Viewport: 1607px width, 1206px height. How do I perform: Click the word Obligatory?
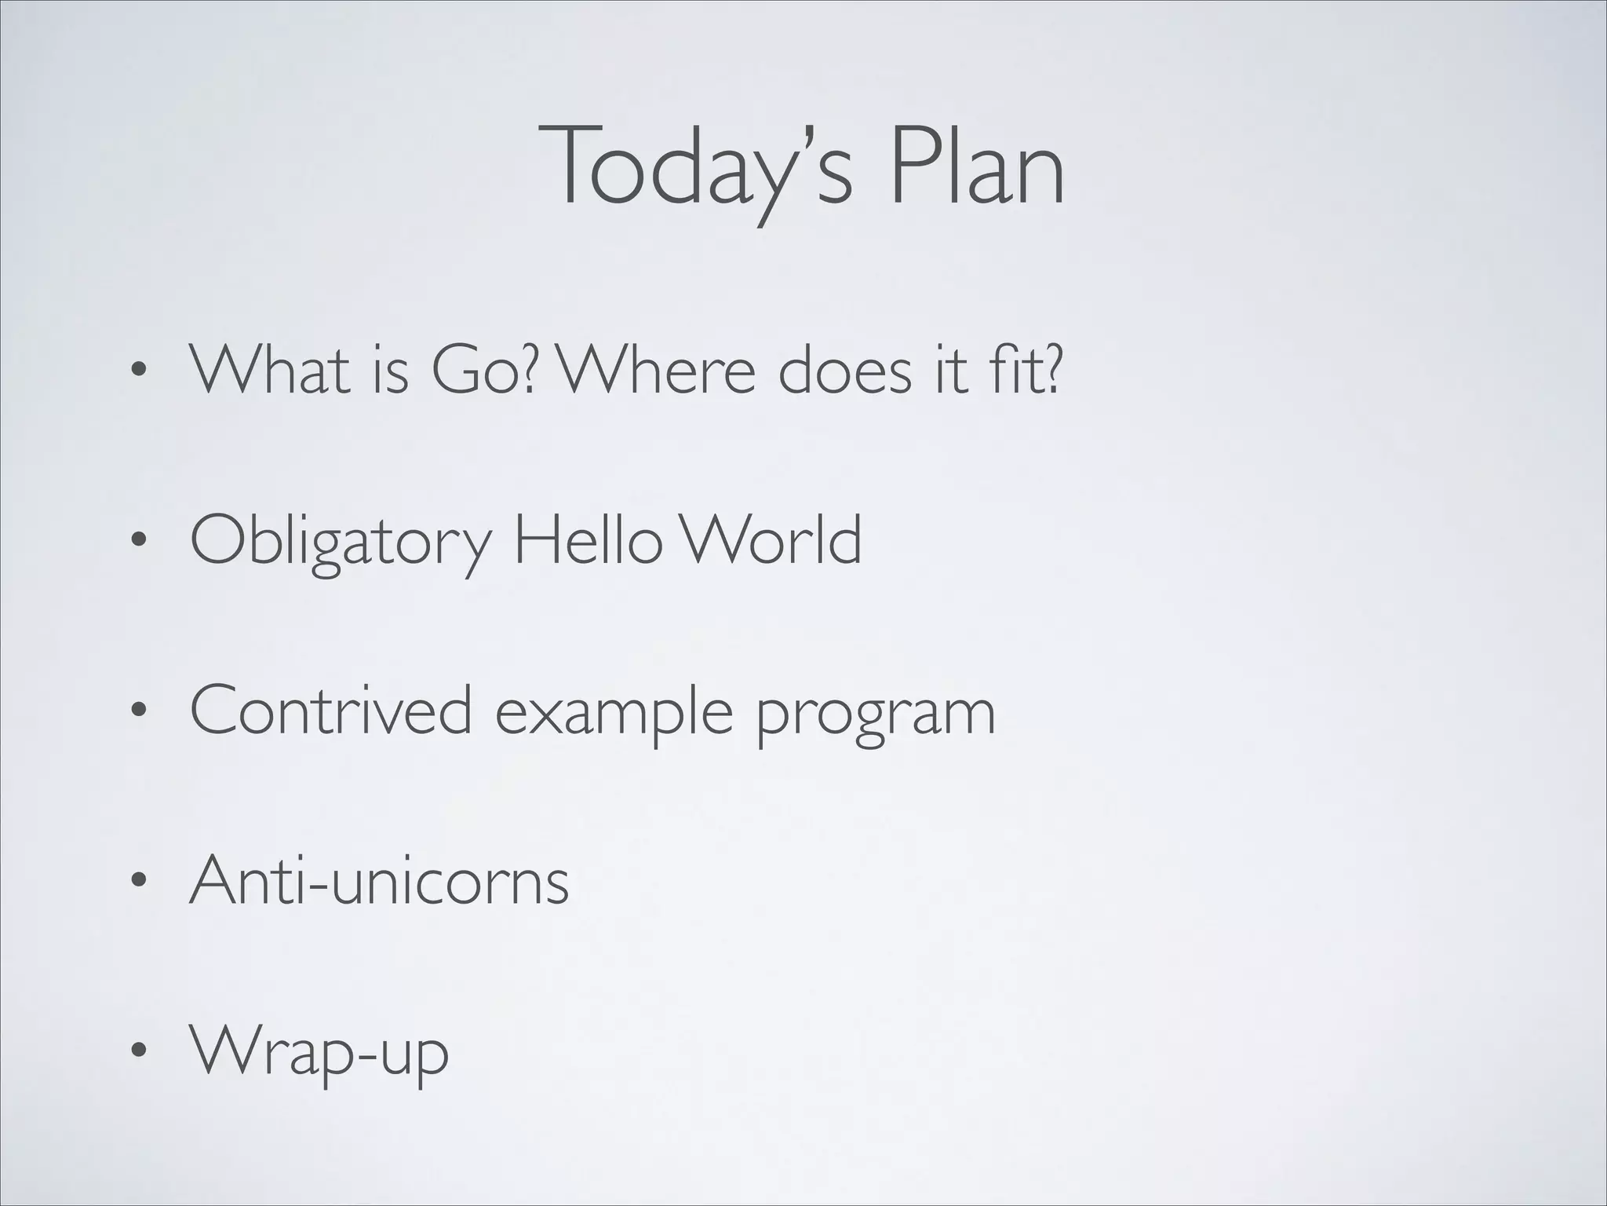[341, 542]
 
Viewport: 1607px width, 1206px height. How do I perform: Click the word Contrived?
[330, 710]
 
